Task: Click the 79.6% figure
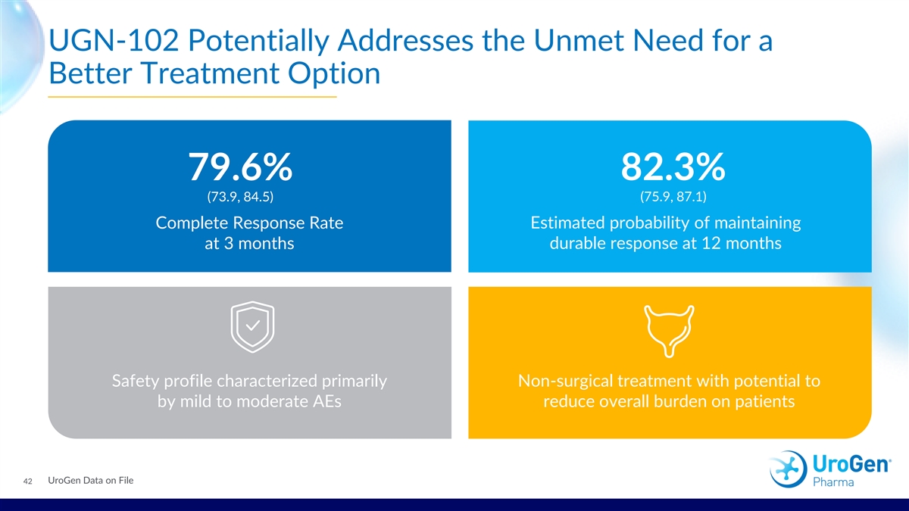coord(240,167)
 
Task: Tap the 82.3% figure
coord(673,167)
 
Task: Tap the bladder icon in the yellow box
coord(669,330)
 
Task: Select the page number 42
coord(27,481)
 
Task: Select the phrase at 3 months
coord(249,245)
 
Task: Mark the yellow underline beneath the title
coord(192,98)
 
